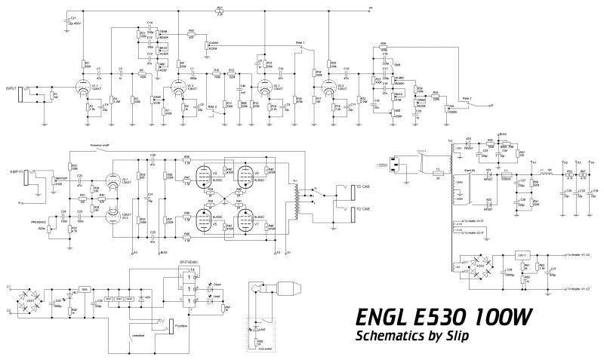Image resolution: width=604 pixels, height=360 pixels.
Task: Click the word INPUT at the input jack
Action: click(11, 89)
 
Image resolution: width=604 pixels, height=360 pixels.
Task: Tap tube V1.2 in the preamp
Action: click(177, 88)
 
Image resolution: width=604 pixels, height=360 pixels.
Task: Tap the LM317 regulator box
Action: click(522, 255)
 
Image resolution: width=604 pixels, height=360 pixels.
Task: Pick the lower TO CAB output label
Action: click(361, 209)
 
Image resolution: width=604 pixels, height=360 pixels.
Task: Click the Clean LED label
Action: click(215, 284)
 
